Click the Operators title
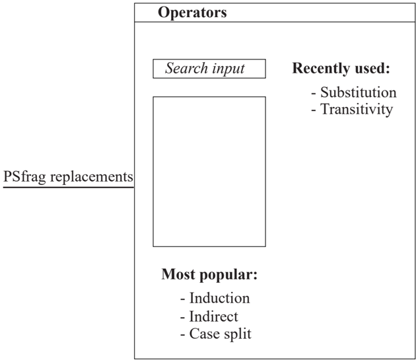pyautogui.click(x=192, y=13)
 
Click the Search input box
pyautogui.click(x=209, y=69)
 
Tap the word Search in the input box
pyautogui.click(x=186, y=68)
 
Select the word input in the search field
pyautogui.click(x=228, y=69)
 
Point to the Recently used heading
pyautogui.click(x=341, y=68)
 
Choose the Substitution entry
pyautogui.click(x=358, y=92)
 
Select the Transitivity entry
pyautogui.click(x=357, y=110)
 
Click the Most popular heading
pyautogui.click(x=209, y=275)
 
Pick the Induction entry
pyautogui.click(x=219, y=298)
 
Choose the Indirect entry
pyautogui.click(x=213, y=316)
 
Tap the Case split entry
pyautogui.click(x=220, y=334)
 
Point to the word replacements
pyautogui.click(x=92, y=177)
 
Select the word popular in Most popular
pyautogui.click(x=228, y=275)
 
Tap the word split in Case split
pyautogui.click(x=238, y=334)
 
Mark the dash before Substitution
pyautogui.click(x=314, y=93)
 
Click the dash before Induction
pyautogui.click(x=182, y=299)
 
